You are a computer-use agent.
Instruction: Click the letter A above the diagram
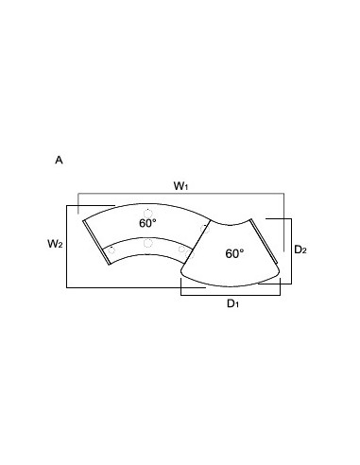pyautogui.click(x=59, y=160)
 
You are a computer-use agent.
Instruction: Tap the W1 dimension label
pyautogui.click(x=180, y=186)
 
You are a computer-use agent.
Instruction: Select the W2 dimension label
pyautogui.click(x=55, y=244)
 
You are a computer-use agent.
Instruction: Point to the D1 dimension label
pyautogui.click(x=232, y=303)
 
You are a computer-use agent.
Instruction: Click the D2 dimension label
pyautogui.click(x=300, y=250)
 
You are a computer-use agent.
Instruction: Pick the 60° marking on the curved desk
pyautogui.click(x=147, y=223)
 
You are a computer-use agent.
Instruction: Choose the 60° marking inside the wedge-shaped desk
pyautogui.click(x=234, y=253)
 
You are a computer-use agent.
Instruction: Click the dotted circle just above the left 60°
pyautogui.click(x=148, y=214)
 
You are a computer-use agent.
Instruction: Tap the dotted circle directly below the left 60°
pyautogui.click(x=148, y=243)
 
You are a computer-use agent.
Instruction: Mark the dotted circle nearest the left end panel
pyautogui.click(x=111, y=250)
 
